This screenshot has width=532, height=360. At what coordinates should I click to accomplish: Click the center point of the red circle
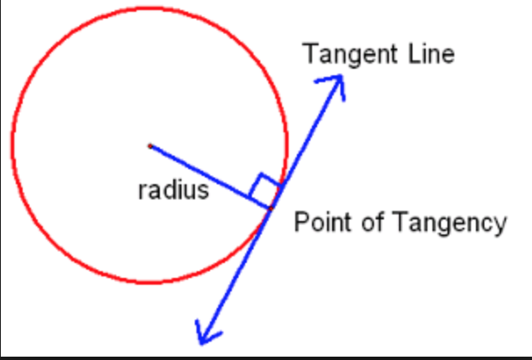click(150, 146)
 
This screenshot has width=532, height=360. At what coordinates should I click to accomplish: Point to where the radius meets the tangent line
click(271, 207)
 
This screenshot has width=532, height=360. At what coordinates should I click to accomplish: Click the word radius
click(172, 190)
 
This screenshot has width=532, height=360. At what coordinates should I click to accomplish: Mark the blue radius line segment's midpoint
click(210, 176)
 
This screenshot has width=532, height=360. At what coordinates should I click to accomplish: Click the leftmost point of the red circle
click(12, 146)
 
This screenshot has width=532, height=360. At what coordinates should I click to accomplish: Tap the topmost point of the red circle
click(150, 8)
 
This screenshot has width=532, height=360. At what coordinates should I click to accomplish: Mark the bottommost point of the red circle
click(150, 283)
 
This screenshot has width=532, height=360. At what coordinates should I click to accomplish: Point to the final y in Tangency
click(500, 226)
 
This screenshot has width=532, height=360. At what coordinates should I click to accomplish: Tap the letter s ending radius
click(203, 192)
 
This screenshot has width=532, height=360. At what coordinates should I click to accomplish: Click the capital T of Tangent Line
click(309, 54)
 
